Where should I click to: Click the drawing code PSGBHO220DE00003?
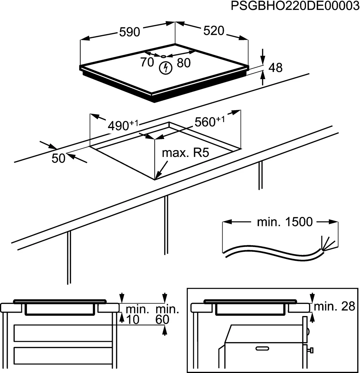coord(295,7)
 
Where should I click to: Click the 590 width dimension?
coord(130,32)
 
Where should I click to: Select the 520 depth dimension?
coord(214,31)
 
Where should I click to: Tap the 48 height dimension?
coord(275,68)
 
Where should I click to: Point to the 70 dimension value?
coord(147,62)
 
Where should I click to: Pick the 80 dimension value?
coord(184,63)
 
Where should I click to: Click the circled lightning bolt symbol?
coord(165,68)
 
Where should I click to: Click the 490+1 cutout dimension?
coord(123,125)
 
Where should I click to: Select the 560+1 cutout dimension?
coord(209,122)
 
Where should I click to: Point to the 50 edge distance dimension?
coord(58,158)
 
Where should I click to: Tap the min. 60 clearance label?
coord(167,314)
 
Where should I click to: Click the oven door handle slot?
coord(263,348)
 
